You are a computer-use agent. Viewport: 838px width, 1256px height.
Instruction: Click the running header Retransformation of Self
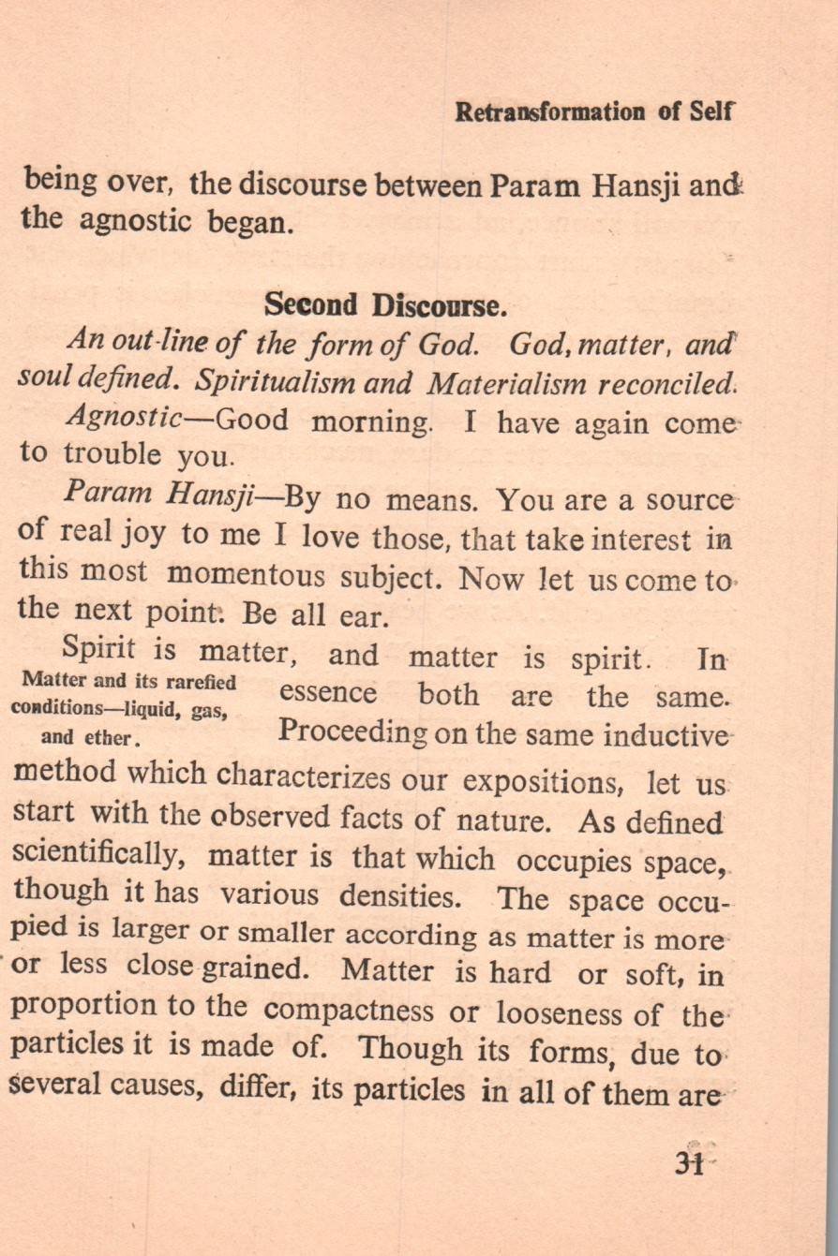tap(593, 112)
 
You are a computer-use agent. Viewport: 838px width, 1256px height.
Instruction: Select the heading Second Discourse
tap(386, 305)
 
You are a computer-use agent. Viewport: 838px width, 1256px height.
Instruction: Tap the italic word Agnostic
tap(127, 418)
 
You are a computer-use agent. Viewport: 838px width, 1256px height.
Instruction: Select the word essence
tap(328, 694)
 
